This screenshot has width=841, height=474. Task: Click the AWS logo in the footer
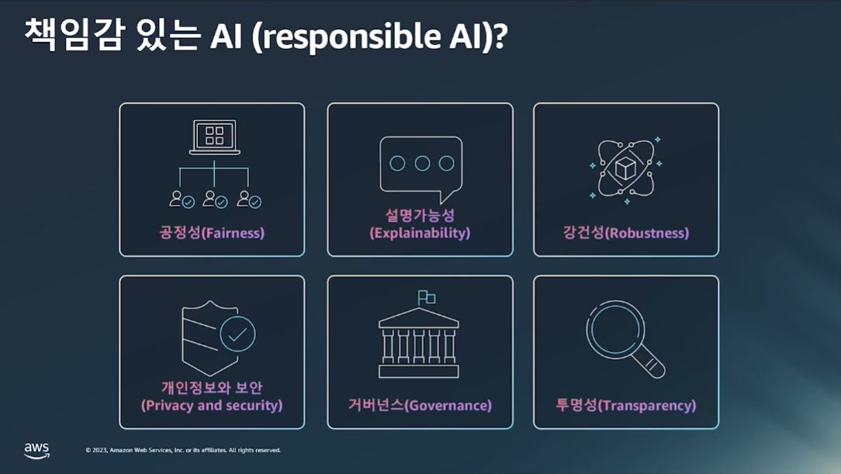(36, 450)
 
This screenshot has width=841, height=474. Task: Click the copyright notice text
(183, 450)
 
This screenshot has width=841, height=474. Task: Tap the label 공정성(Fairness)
(212, 232)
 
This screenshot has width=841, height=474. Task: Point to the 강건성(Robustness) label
(625, 232)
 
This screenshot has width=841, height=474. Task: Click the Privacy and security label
(212, 396)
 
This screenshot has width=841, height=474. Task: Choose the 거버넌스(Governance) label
(420, 405)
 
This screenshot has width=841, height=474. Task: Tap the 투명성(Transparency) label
(625, 405)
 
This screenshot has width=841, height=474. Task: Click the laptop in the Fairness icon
(214, 137)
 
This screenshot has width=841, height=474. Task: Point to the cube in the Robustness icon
(625, 168)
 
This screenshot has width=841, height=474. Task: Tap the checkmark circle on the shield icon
(237, 334)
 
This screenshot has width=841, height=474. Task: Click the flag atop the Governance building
(427, 297)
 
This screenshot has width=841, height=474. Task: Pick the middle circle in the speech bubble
(422, 163)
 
